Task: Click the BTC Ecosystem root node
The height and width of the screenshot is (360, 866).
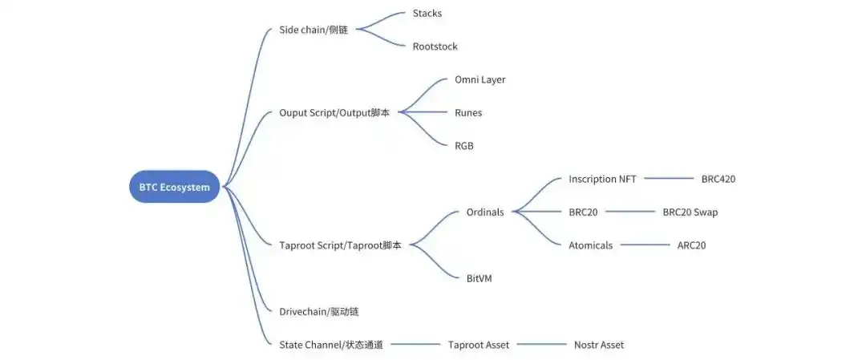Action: [x=174, y=187]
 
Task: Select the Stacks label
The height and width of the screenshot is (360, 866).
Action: [x=427, y=13]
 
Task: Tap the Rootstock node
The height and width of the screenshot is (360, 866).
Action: [x=435, y=47]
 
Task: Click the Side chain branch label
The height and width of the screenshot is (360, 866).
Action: [x=314, y=30]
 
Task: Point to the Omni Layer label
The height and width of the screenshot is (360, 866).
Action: [x=480, y=79]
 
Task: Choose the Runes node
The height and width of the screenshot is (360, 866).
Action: [x=468, y=113]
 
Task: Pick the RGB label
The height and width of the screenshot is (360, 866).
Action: [x=464, y=146]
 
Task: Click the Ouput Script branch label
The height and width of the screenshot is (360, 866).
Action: [x=334, y=113]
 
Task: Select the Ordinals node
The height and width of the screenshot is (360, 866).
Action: [x=485, y=212]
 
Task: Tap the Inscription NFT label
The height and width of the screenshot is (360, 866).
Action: [x=602, y=179]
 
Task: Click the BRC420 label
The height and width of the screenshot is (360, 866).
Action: [x=718, y=179]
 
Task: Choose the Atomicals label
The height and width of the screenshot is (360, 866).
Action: [x=590, y=245]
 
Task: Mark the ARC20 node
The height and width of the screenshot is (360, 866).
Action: [x=691, y=245]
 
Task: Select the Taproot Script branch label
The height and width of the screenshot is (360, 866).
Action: [x=340, y=245]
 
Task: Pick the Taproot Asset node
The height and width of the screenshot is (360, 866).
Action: [x=479, y=345]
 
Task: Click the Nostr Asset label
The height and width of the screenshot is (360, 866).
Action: [x=598, y=345]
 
